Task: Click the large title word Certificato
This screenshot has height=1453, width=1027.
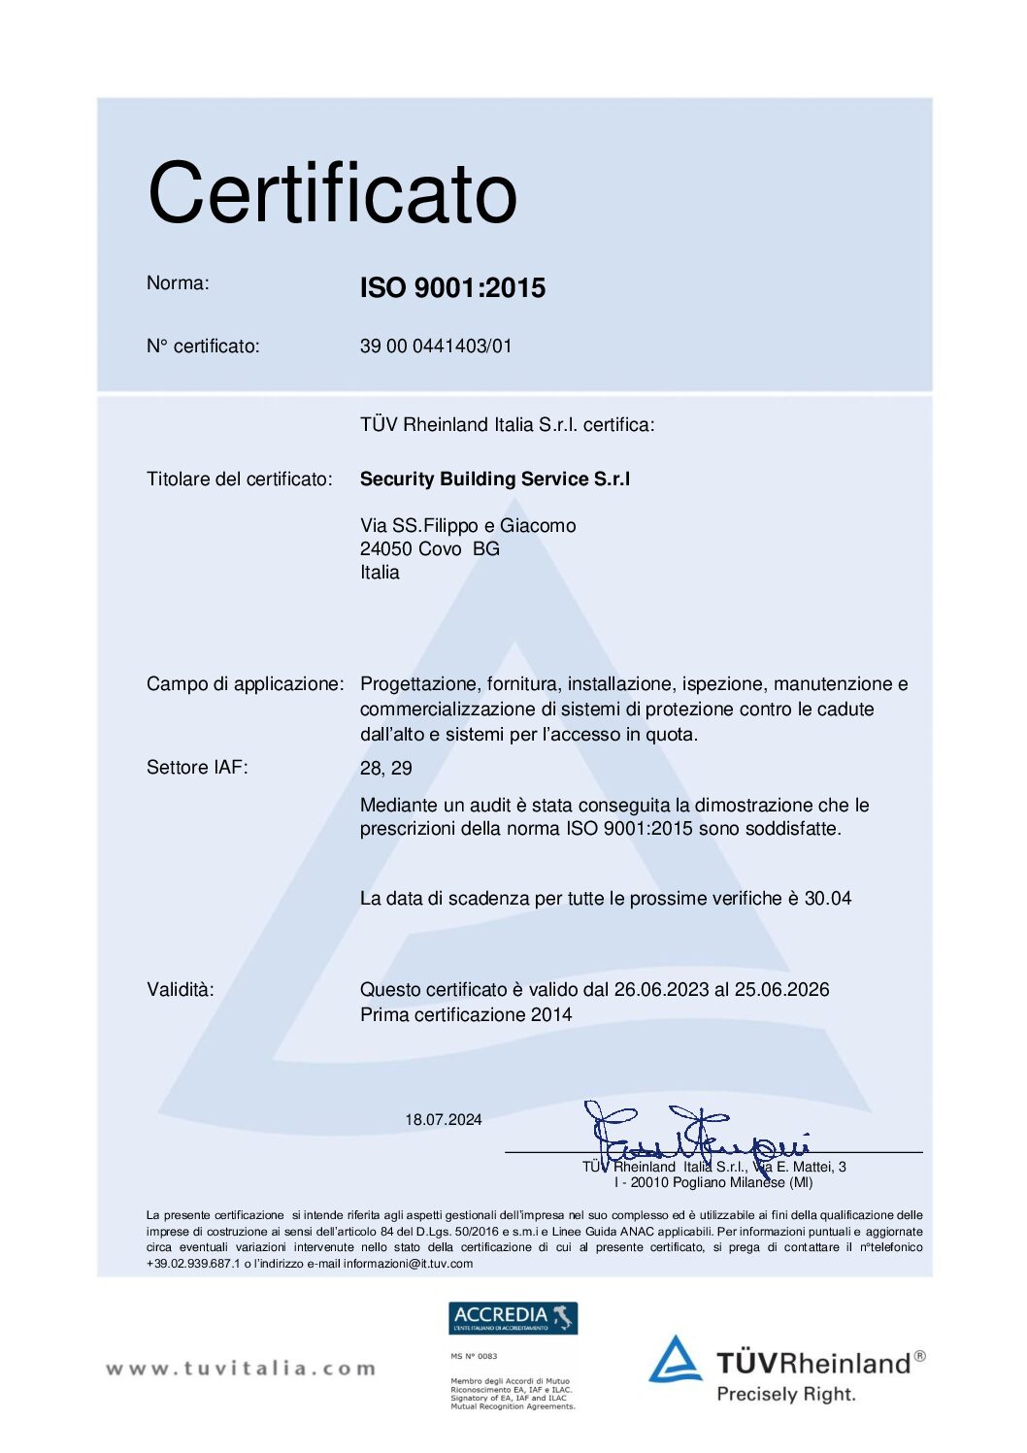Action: coord(332,193)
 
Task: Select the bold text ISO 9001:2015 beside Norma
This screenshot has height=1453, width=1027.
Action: coord(452,288)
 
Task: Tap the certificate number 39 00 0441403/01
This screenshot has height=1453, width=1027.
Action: coord(436,347)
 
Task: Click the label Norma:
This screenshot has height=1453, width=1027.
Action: coord(178,283)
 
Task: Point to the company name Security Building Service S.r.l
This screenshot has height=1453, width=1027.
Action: coord(494,479)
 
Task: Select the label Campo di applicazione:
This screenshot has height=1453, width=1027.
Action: coord(245,684)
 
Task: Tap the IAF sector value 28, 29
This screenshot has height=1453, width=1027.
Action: coord(385,769)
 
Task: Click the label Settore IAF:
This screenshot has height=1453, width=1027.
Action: coord(197,768)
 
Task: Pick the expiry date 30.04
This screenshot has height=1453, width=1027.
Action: coord(828,899)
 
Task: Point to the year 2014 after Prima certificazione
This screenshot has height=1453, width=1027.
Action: coord(551,1015)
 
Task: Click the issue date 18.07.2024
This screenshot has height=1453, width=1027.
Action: coord(444,1120)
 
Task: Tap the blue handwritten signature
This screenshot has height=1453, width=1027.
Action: coord(694,1136)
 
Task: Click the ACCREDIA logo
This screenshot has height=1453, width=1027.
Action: coord(513,1318)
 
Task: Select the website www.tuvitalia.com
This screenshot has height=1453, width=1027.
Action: coord(240,1369)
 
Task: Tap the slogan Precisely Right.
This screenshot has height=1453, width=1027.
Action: coord(786,1395)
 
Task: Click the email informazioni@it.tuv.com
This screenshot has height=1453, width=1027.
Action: coord(408,1264)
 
